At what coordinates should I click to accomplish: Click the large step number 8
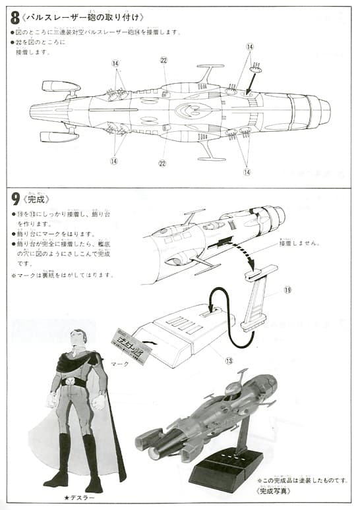tap(15, 16)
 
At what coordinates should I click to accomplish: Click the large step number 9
tap(15, 198)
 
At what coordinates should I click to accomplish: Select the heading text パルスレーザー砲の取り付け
tap(85, 17)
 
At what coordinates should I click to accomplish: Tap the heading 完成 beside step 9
tap(40, 198)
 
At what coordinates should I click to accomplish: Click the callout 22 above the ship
tap(164, 60)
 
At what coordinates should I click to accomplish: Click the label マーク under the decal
tap(119, 363)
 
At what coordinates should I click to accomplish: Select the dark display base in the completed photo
tap(227, 470)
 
